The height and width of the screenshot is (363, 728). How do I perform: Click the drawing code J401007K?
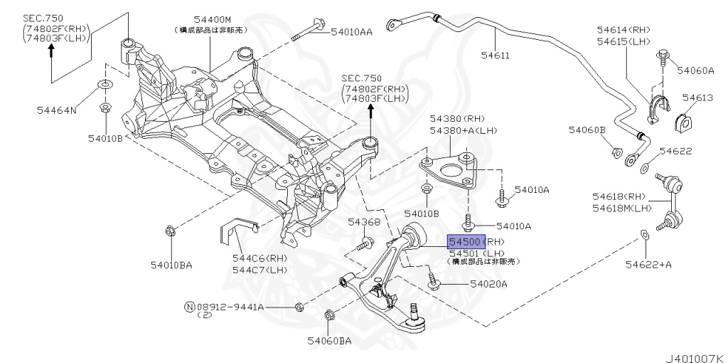pyautogui.click(x=693, y=354)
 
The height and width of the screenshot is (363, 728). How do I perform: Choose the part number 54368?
pyautogui.click(x=364, y=223)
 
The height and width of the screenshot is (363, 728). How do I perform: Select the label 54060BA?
pyautogui.click(x=329, y=341)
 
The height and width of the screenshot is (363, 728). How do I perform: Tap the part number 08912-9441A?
pyautogui.click(x=230, y=307)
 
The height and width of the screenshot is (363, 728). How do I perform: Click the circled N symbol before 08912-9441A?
pyautogui.click(x=189, y=307)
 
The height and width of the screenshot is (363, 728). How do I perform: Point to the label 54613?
pyautogui.click(x=697, y=98)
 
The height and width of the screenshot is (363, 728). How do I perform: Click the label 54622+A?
pyautogui.click(x=648, y=264)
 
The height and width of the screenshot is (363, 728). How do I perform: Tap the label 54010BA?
pyautogui.click(x=171, y=265)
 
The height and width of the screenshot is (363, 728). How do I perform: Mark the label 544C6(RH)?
pyautogui.click(x=259, y=258)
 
